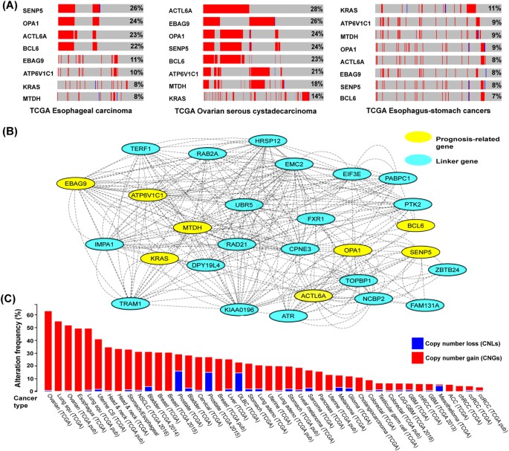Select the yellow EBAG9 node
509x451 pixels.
pos(78,183)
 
